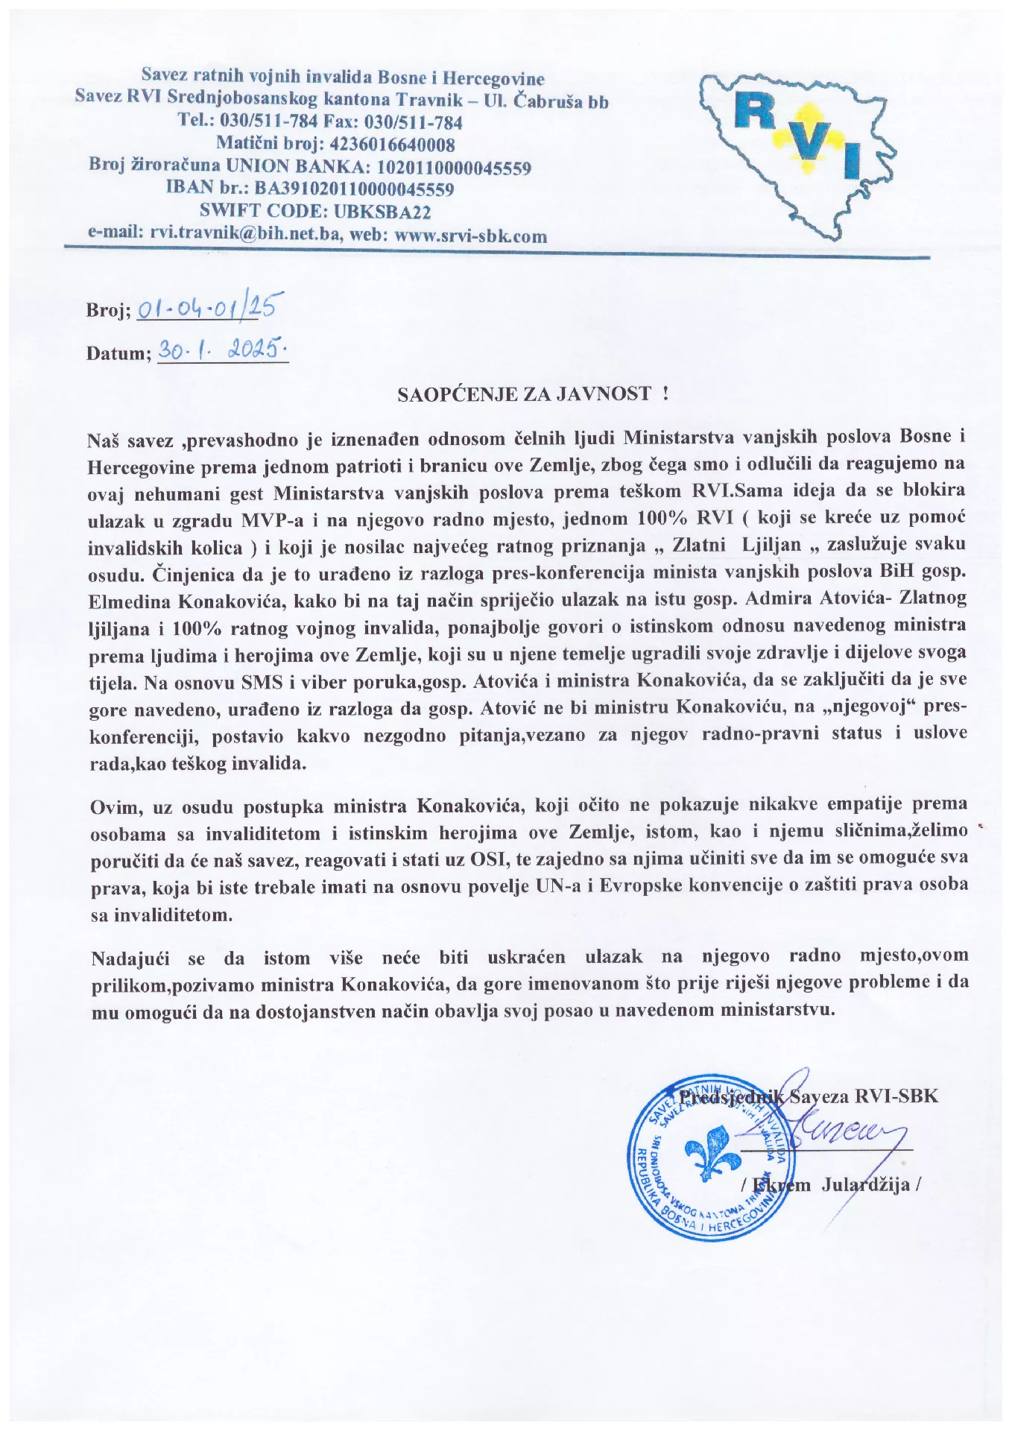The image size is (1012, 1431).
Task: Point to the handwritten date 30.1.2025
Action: [x=224, y=347]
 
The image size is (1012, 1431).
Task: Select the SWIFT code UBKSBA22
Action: [x=383, y=212]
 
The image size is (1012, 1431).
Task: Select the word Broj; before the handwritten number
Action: [x=109, y=311]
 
